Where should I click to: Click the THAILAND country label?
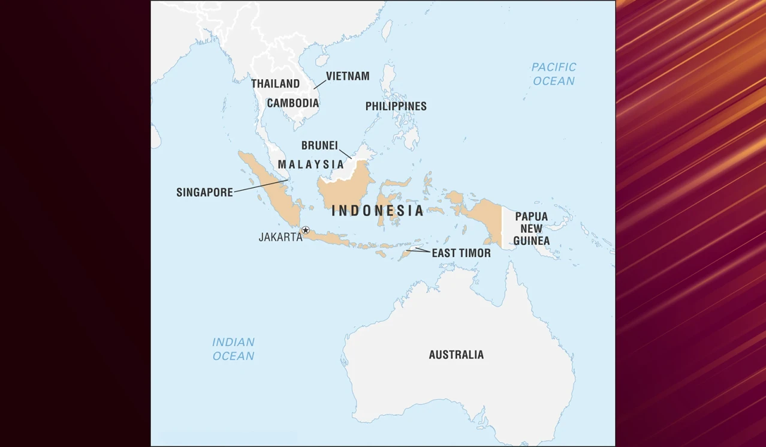coord(275,83)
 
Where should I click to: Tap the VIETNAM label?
coord(348,76)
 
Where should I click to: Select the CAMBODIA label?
coord(292,103)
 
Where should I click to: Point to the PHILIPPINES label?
coord(396,106)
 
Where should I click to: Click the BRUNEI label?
coord(319,146)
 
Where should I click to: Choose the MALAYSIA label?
coord(310,164)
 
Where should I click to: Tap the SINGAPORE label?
coord(204,193)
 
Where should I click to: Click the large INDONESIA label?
coord(378,211)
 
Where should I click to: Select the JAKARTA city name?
coord(280,237)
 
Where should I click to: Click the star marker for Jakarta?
coord(306,230)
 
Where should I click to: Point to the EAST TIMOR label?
coord(461,253)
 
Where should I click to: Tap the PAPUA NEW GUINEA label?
coord(531,229)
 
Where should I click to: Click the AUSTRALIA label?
coord(456,355)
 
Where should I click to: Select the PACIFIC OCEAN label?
coord(554,74)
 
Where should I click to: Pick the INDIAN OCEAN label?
coord(233,349)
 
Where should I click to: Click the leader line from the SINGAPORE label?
coord(261,186)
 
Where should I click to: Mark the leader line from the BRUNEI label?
coord(345,154)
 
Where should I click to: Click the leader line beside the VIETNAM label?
coord(319,84)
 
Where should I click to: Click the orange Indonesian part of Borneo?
coord(345,189)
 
